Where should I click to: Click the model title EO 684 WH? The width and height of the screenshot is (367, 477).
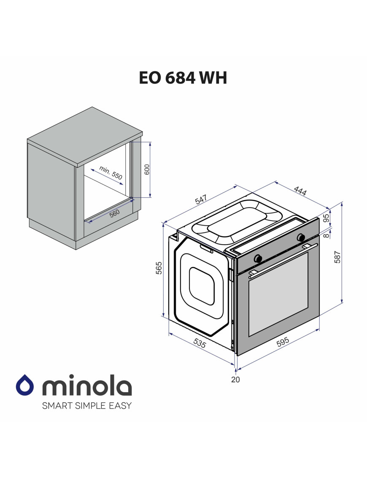point(183,78)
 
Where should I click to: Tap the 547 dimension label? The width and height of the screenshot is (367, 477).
point(201,199)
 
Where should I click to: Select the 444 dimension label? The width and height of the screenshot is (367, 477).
point(300,191)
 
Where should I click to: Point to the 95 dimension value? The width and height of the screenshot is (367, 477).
point(326,218)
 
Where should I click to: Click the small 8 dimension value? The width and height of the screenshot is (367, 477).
point(326,235)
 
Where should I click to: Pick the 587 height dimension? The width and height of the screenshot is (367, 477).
point(337,257)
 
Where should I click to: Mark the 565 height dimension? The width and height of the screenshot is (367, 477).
point(159,268)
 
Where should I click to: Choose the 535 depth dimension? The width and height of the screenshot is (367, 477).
point(200,343)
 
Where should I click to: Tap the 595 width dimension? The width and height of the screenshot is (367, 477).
point(283,342)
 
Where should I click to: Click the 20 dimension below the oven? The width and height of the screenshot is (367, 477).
point(235,379)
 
